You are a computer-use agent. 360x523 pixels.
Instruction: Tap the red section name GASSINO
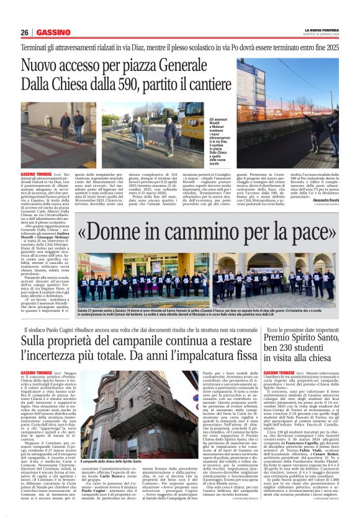(x=52, y=32)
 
